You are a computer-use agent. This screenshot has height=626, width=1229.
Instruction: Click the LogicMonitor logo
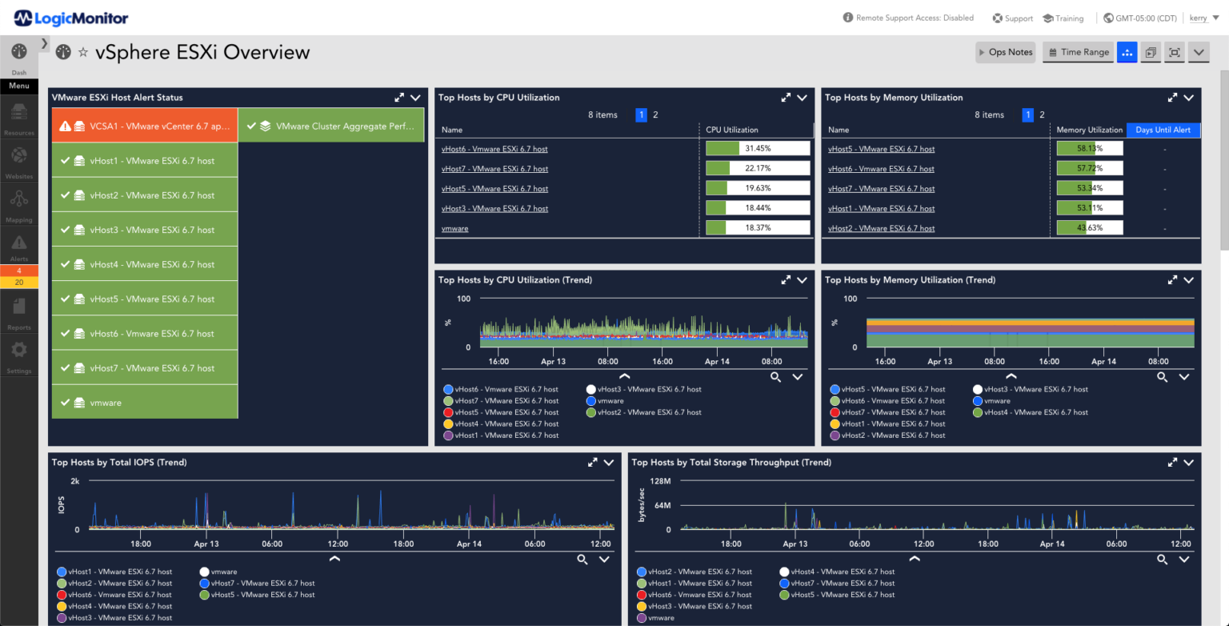pos(71,18)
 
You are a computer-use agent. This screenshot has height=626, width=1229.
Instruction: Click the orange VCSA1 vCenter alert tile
pos(145,126)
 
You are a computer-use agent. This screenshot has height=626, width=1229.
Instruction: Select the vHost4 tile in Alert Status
pos(145,264)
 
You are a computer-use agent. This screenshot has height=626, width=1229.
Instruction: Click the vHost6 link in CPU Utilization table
pos(494,149)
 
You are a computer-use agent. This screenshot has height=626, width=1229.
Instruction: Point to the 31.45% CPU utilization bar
pos(757,149)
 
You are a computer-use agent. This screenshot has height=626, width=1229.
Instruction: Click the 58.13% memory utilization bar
pos(1089,149)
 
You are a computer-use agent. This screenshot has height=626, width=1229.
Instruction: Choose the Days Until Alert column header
pos(1163,130)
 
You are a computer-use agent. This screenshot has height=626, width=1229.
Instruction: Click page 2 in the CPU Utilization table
pos(655,115)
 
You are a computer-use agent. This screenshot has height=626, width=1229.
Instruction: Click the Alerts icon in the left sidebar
pos(19,244)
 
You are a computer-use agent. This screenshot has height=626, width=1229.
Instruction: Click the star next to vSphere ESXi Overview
pos(83,53)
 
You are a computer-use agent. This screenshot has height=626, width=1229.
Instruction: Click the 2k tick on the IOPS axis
pos(74,481)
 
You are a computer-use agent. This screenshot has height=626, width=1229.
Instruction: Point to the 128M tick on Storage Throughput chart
pos(659,481)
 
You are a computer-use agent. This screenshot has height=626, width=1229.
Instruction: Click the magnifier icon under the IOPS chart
pos(582,559)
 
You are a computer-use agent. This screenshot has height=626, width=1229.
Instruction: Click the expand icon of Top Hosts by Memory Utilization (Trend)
pos(1172,280)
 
